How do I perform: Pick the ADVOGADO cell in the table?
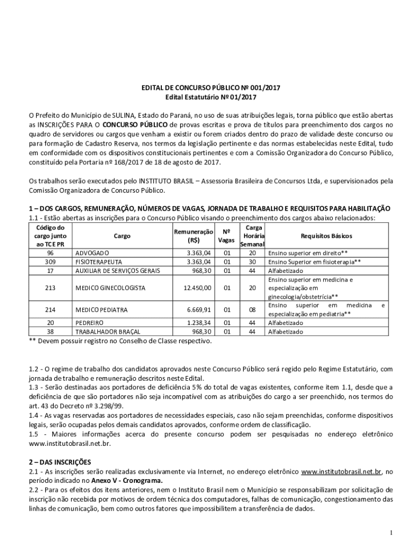tap(92, 253)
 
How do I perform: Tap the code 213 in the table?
tap(50, 288)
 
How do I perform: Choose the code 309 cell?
tap(50, 262)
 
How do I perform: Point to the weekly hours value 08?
tap(252, 310)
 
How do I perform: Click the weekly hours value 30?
tap(252, 262)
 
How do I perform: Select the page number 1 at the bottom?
tap(393, 532)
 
